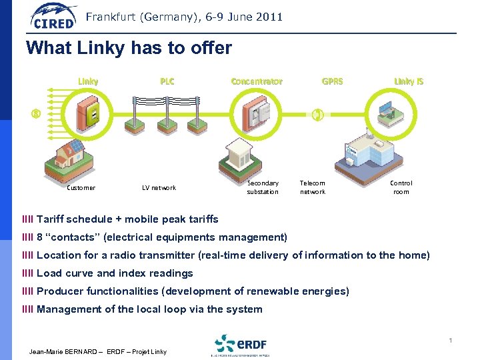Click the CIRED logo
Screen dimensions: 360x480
[x=53, y=17]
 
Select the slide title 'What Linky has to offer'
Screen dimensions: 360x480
[x=129, y=49]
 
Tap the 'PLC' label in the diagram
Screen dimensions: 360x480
[x=167, y=81]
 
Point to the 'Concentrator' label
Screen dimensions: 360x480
[x=257, y=81]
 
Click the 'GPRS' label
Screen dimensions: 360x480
[x=332, y=81]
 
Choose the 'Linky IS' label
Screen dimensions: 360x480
[x=408, y=81]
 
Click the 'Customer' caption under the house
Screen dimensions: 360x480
[x=81, y=188]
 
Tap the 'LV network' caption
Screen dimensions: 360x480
[x=159, y=188]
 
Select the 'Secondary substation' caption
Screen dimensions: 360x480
[x=263, y=187]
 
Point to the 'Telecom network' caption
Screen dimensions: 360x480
[x=313, y=187]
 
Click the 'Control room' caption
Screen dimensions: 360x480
[x=401, y=187]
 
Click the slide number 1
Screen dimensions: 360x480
[x=451, y=341]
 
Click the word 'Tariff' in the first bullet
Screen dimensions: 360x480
[x=51, y=219]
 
